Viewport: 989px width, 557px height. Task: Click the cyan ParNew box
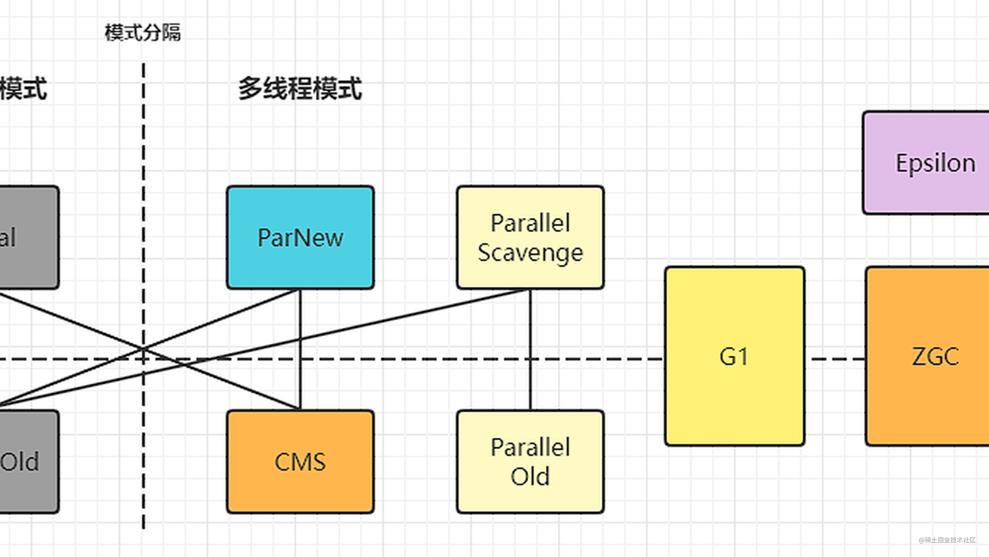coord(300,237)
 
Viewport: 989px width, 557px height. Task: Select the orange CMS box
coord(300,461)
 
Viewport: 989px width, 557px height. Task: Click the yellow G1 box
coord(734,356)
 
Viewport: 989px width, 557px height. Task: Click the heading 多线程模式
coord(300,89)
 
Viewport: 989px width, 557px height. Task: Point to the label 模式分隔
coord(142,32)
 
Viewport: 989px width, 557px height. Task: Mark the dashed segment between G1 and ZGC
coord(835,359)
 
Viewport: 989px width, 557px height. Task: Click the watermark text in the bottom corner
coord(947,540)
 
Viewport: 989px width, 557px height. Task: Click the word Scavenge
coord(530,253)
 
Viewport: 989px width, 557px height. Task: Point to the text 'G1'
coord(734,357)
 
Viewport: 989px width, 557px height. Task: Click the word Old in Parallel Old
coord(530,477)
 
